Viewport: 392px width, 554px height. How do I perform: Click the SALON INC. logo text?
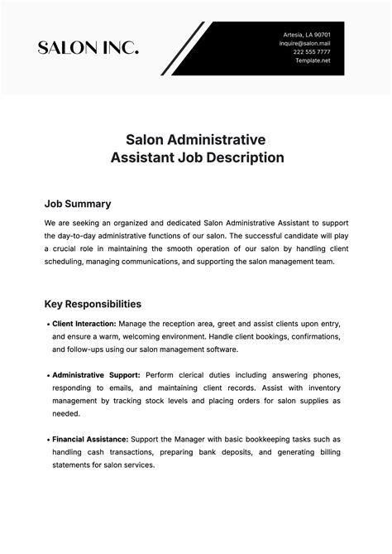click(88, 49)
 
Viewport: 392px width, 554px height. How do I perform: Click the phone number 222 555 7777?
click(313, 52)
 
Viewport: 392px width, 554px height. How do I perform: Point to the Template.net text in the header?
click(313, 60)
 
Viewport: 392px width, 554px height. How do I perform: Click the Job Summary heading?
click(78, 204)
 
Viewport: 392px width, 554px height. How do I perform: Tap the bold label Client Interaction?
click(84, 324)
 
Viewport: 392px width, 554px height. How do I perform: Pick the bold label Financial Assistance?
click(90, 439)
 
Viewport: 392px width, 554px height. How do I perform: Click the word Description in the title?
click(246, 156)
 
